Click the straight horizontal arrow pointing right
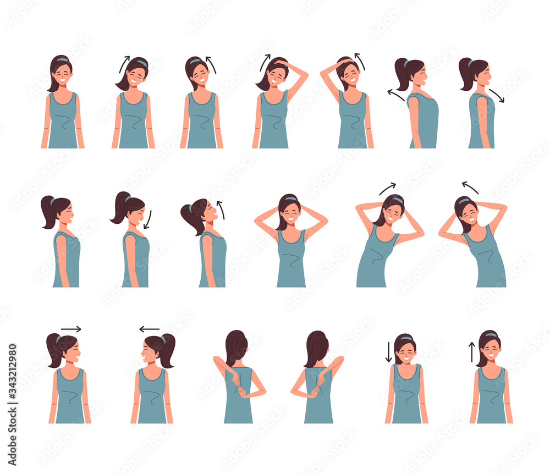pyautogui.click(x=71, y=329)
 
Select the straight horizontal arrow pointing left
pyautogui.click(x=149, y=329)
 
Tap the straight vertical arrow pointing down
pyautogui.click(x=388, y=352)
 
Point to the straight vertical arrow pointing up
pyautogui.click(x=471, y=352)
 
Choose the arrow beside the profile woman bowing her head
pyautogui.click(x=147, y=218)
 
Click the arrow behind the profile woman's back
pyautogui.click(x=396, y=96)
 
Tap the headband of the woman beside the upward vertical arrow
pyautogui.click(x=489, y=335)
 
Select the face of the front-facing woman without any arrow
pyautogui.click(x=62, y=75)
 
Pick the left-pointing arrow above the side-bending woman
pyautogui.click(x=470, y=188)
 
